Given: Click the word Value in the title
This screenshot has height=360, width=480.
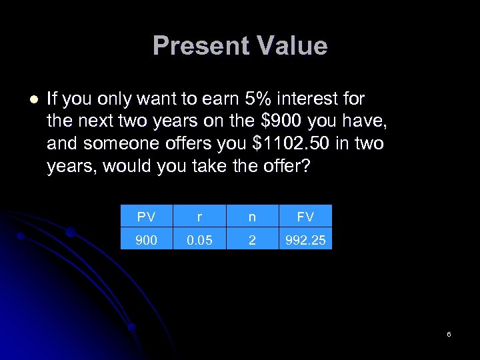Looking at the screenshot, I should point(291,46).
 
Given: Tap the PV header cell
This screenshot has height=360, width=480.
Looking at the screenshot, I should point(146,217).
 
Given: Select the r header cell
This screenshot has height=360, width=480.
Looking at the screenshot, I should point(199,217).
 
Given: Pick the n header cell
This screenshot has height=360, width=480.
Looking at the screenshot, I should point(252,217).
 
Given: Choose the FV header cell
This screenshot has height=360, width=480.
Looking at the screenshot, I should point(305,217).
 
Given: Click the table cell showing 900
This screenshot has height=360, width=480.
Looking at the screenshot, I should point(146,239).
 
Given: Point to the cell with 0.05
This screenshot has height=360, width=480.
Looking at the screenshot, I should point(199,239).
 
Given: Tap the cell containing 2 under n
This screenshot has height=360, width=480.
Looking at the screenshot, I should point(252,239).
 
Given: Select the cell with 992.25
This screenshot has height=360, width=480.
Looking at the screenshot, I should point(305,239).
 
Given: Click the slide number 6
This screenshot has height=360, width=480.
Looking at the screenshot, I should point(449,334).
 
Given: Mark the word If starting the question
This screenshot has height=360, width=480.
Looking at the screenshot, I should point(53,99).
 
